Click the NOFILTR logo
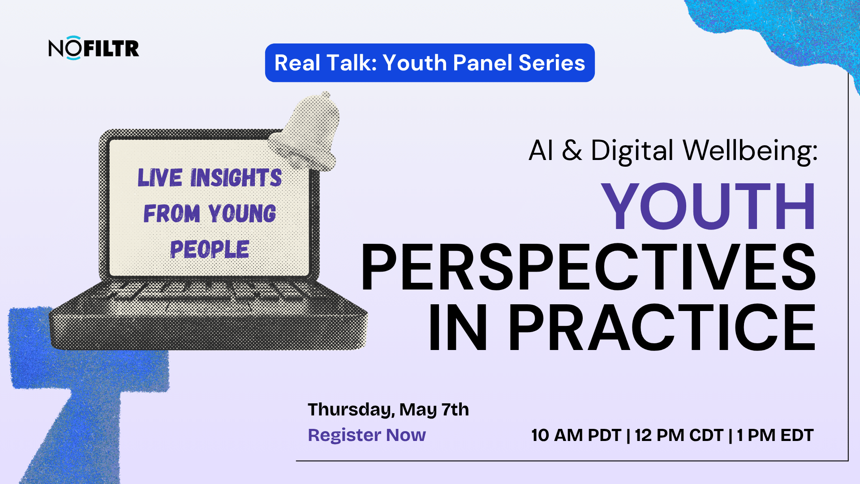tap(94, 48)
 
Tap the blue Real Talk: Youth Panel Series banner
tap(430, 63)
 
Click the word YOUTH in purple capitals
tap(708, 206)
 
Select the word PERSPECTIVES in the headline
tap(589, 267)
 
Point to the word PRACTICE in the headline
tap(662, 328)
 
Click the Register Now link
tap(367, 435)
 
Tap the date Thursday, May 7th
tap(388, 410)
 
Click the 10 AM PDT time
tap(576, 435)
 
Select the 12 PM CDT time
tap(679, 435)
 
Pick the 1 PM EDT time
tap(775, 435)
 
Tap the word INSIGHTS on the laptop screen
tap(236, 177)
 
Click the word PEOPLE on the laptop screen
tap(210, 249)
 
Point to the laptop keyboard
tap(208, 296)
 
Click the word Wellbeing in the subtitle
tap(750, 150)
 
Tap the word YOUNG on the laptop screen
tap(242, 213)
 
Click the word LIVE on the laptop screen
tap(160, 177)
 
